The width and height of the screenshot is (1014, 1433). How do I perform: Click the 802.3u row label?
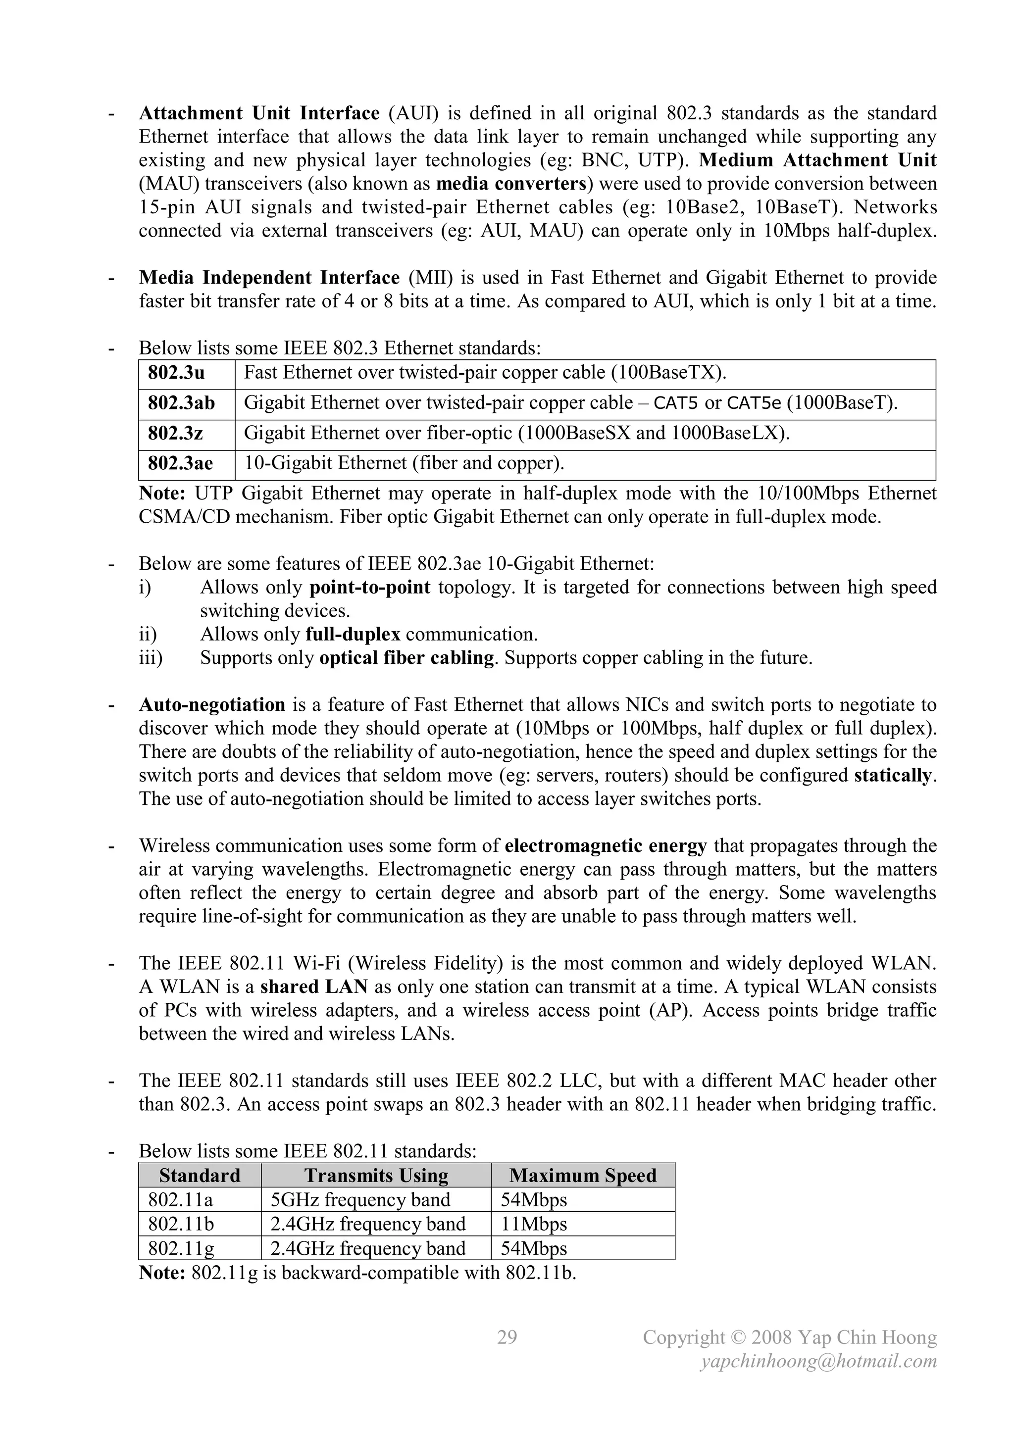[x=176, y=373]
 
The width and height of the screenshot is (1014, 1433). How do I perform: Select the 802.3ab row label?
[x=181, y=403]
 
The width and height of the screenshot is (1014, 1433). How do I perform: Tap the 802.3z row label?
[x=175, y=433]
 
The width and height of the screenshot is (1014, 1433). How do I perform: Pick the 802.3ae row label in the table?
[x=180, y=463]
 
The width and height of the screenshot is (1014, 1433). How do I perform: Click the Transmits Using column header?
[x=376, y=1176]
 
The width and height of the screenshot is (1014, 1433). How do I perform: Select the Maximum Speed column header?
[x=583, y=1176]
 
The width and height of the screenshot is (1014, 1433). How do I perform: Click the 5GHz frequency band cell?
[x=360, y=1200]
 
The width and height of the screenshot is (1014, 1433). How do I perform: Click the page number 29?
[x=507, y=1337]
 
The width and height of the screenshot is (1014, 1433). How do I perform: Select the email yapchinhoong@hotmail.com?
[x=818, y=1361]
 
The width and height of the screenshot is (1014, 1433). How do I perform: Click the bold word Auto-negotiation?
[x=212, y=705]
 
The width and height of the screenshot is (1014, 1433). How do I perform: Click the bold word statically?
[x=892, y=776]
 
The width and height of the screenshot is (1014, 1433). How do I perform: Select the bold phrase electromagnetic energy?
[x=606, y=846]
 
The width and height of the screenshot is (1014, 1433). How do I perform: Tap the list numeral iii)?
[x=151, y=658]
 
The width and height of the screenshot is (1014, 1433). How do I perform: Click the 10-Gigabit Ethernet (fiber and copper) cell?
[x=404, y=463]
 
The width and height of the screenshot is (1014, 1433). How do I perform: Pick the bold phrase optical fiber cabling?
[x=406, y=658]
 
